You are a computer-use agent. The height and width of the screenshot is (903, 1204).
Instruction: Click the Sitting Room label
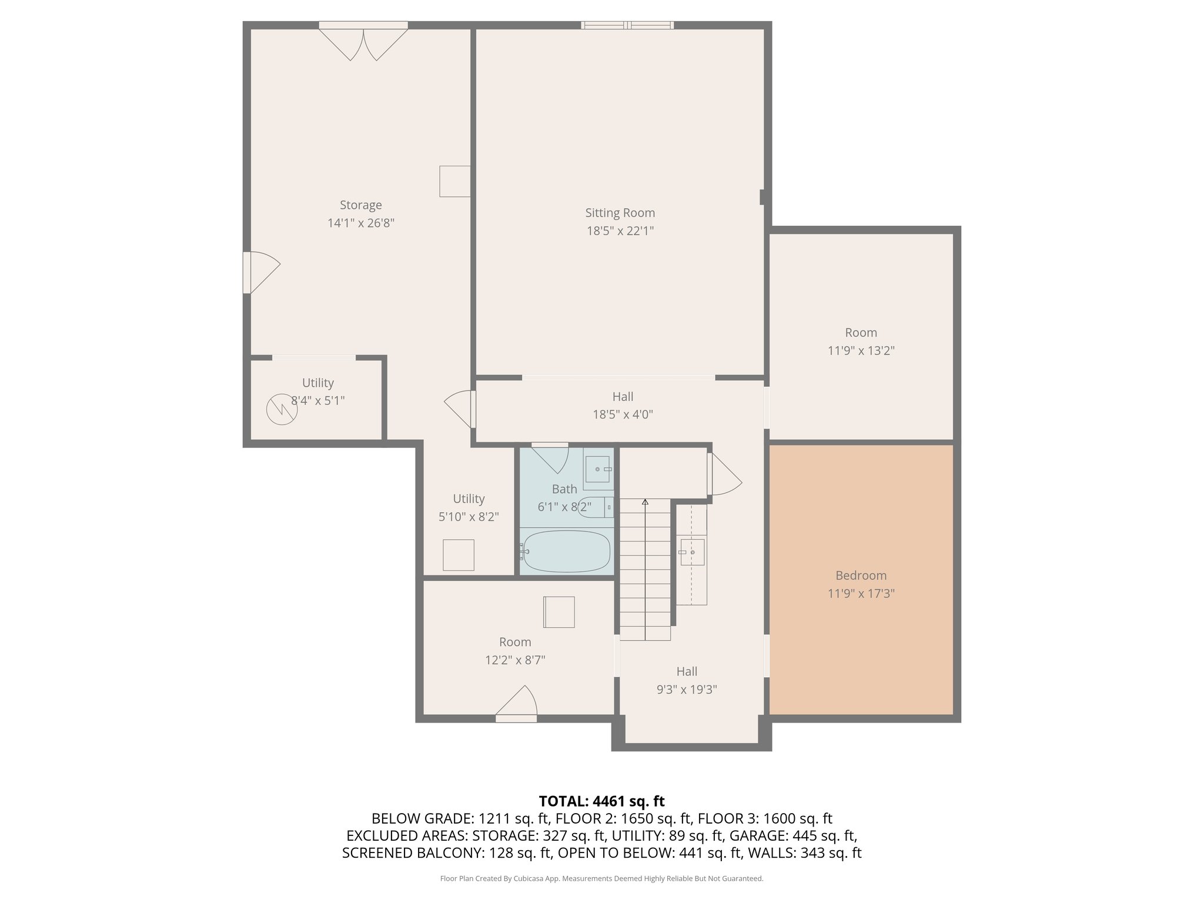coord(620,213)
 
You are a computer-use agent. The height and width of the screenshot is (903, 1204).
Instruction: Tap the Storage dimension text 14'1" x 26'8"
coord(361,223)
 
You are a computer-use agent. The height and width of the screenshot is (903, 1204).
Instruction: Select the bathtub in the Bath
coord(566,551)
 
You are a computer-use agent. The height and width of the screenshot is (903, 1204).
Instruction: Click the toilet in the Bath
coord(596,507)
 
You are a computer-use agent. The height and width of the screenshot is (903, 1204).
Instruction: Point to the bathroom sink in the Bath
coord(598,469)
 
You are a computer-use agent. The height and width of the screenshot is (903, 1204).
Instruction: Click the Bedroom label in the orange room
coord(861,576)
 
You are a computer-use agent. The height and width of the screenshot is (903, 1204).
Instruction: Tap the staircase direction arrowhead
coord(645,502)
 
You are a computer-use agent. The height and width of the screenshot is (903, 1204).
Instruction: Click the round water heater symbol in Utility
coord(282,410)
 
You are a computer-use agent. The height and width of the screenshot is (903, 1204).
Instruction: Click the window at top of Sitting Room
coord(628,25)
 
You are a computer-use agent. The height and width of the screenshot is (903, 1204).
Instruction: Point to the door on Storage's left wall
coord(262,272)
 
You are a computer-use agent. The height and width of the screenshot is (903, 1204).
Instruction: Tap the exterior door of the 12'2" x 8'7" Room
coord(516,704)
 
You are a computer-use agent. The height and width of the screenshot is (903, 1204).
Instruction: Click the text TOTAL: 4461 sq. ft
coord(602,801)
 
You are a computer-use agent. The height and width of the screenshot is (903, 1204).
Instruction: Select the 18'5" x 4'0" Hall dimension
coord(623,414)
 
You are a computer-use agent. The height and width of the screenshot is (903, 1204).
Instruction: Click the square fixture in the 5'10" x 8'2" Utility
coord(459,555)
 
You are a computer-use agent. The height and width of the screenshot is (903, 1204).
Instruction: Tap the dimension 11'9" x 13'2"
coord(861,351)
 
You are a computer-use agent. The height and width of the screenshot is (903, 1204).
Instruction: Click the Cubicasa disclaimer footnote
coord(602,879)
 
